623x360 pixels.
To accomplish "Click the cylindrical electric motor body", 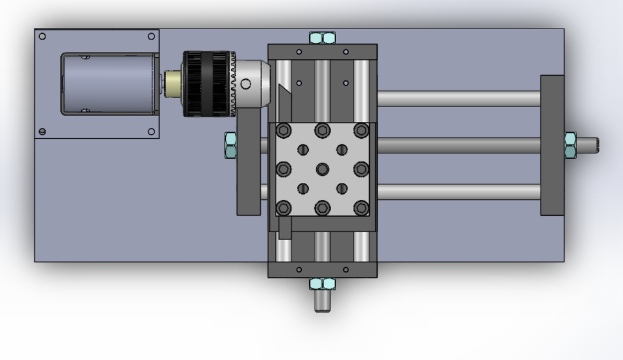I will (107, 84).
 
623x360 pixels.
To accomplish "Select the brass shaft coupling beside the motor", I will (173, 84).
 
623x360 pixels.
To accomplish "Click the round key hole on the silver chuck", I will (246, 84).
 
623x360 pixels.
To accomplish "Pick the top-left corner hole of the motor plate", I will (42, 36).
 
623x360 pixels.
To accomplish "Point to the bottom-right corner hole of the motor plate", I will (151, 132).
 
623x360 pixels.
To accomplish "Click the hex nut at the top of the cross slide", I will (322, 38).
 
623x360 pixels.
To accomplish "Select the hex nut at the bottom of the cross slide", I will (322, 284).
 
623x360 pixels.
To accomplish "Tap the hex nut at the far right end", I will (570, 145).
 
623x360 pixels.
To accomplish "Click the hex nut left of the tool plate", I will (230, 145).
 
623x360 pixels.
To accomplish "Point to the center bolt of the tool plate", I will (322, 169).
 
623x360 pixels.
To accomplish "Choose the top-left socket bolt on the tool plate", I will (284, 130).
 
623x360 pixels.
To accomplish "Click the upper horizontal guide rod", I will (458, 99).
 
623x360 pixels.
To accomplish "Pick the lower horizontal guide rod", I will (458, 192).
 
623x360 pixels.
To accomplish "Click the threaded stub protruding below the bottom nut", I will (323, 302).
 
